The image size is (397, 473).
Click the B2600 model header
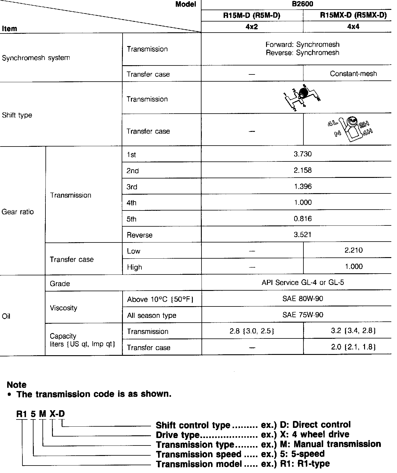point(303,4)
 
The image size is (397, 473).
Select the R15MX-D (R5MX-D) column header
point(353,16)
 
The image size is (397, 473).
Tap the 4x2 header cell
point(252,27)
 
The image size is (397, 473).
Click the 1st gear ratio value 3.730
point(303,154)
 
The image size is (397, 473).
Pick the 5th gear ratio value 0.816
point(303,219)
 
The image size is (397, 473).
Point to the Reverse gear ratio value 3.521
point(303,235)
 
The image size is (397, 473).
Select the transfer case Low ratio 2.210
point(353,250)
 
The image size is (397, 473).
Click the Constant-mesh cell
point(353,74)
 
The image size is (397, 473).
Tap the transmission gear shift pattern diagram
point(302,97)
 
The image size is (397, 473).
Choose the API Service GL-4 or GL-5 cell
point(303,283)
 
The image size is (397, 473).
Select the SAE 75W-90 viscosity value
point(303,315)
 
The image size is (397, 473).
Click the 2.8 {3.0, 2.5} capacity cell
point(252,331)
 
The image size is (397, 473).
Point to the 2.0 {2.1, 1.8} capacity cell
point(353,347)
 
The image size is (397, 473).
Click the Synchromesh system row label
point(36,58)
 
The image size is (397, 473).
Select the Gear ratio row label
point(18,212)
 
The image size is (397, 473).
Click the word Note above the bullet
point(16,384)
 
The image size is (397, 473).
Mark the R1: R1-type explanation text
point(305,464)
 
